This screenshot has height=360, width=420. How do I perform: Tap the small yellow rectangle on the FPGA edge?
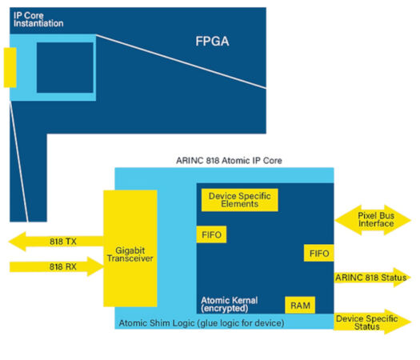(x=10, y=67)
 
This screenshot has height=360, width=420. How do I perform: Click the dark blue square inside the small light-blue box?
(x=65, y=68)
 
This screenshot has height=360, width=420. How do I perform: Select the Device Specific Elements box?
(x=240, y=199)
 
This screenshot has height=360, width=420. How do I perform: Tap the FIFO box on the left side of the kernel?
(x=212, y=234)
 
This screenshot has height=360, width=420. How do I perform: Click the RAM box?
(x=298, y=305)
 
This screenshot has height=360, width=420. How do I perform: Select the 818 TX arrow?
(x=56, y=241)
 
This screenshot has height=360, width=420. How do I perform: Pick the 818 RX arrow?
(x=56, y=266)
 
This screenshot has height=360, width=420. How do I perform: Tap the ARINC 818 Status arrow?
(x=373, y=278)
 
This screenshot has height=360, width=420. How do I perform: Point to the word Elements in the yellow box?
(x=240, y=204)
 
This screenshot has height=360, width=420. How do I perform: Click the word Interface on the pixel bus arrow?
(x=376, y=224)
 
